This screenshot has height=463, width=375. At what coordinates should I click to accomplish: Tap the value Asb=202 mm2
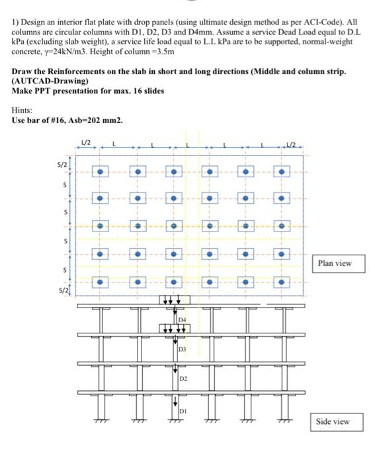point(98,120)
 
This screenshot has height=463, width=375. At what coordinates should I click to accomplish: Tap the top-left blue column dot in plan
point(101,172)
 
